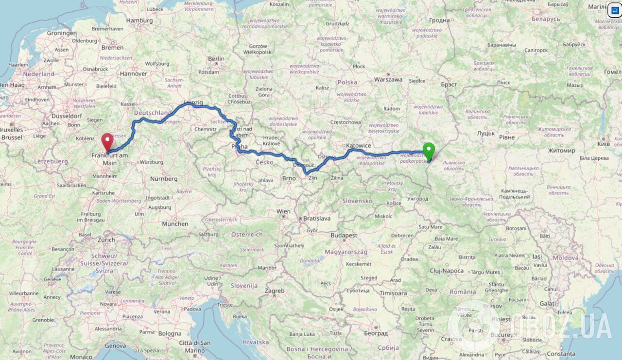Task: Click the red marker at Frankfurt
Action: (107, 141)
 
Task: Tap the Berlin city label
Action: (216, 59)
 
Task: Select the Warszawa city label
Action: (388, 79)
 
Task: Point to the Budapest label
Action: (344, 235)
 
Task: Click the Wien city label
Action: (283, 211)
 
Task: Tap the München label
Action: (175, 224)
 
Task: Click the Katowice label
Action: (359, 145)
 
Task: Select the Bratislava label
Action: (316, 219)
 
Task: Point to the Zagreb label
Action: (274, 291)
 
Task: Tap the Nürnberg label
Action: (163, 179)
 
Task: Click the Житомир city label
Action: (561, 151)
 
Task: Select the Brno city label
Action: (289, 178)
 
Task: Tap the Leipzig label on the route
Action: (193, 103)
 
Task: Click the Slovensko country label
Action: (357, 201)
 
